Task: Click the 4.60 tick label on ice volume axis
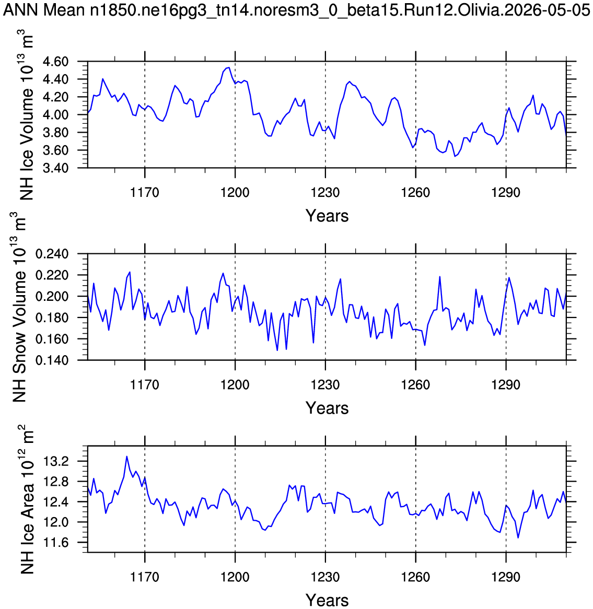(56, 62)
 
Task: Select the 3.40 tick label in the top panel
(56, 168)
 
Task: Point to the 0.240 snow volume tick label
(52, 254)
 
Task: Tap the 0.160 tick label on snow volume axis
(52, 339)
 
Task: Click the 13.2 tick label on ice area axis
(57, 461)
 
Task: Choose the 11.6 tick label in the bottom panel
(57, 543)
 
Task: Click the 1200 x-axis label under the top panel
(235, 192)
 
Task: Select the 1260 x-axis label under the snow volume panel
(416, 384)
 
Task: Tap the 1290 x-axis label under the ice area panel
(506, 577)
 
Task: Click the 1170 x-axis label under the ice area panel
(145, 577)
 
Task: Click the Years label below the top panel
(327, 216)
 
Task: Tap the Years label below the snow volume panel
(327, 408)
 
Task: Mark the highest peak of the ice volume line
(229, 67)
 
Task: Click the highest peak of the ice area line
(126, 456)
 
